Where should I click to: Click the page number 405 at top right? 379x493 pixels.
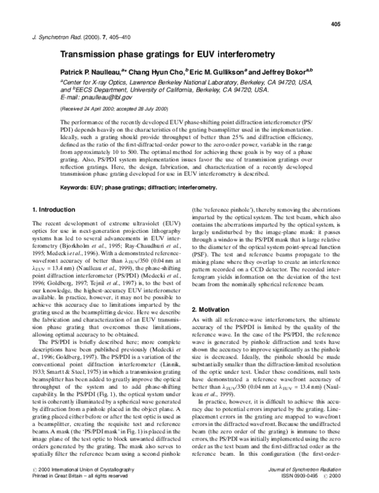click(335, 25)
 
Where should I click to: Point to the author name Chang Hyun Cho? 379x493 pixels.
click(158, 73)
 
